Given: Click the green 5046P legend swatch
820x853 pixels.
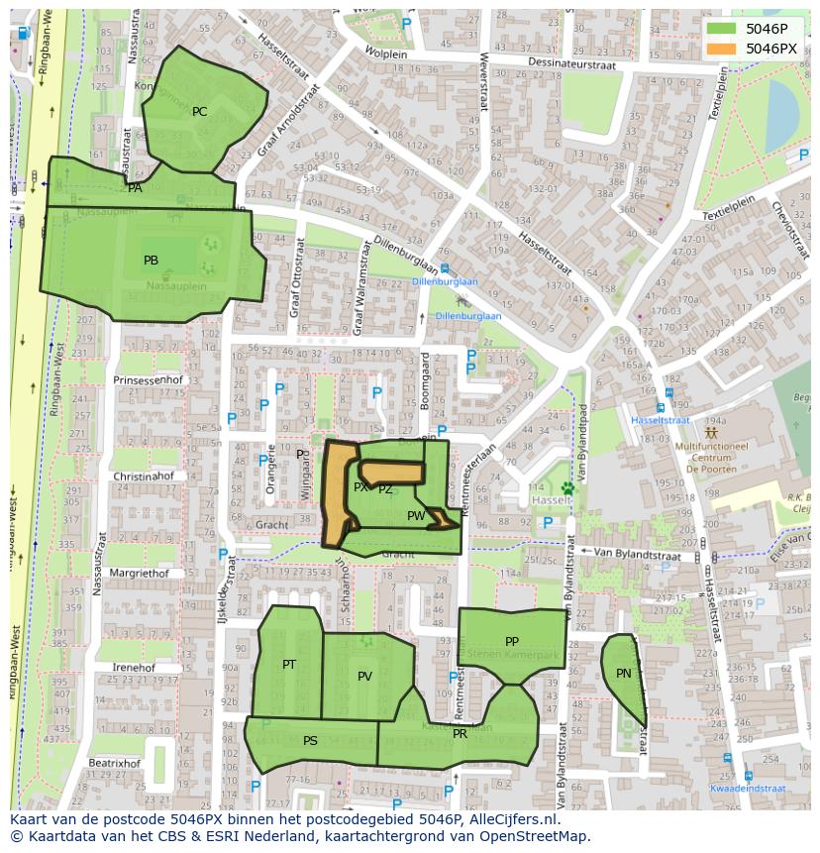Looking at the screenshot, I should pyautogui.click(x=722, y=29).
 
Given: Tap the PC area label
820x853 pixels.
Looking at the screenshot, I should pyautogui.click(x=200, y=112).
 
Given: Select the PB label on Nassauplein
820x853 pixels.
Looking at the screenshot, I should pyautogui.click(x=151, y=261).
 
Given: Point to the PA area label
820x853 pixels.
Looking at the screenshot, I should pyautogui.click(x=135, y=188).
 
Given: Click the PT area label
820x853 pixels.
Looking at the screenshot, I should pyautogui.click(x=289, y=665).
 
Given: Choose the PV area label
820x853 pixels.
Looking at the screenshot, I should pyautogui.click(x=364, y=677).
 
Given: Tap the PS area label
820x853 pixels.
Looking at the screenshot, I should pyautogui.click(x=310, y=741).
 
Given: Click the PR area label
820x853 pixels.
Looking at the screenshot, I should pyautogui.click(x=460, y=734).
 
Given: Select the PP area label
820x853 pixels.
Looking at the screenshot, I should pyautogui.click(x=512, y=642).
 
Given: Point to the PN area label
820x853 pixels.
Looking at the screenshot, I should pyautogui.click(x=623, y=674).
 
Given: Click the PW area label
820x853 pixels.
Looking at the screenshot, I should pyautogui.click(x=416, y=516).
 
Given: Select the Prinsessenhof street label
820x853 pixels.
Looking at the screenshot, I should pyautogui.click(x=149, y=380).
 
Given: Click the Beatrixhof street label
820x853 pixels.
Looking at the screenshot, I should pyautogui.click(x=114, y=764).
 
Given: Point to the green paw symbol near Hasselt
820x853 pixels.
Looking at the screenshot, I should pyautogui.click(x=567, y=487).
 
